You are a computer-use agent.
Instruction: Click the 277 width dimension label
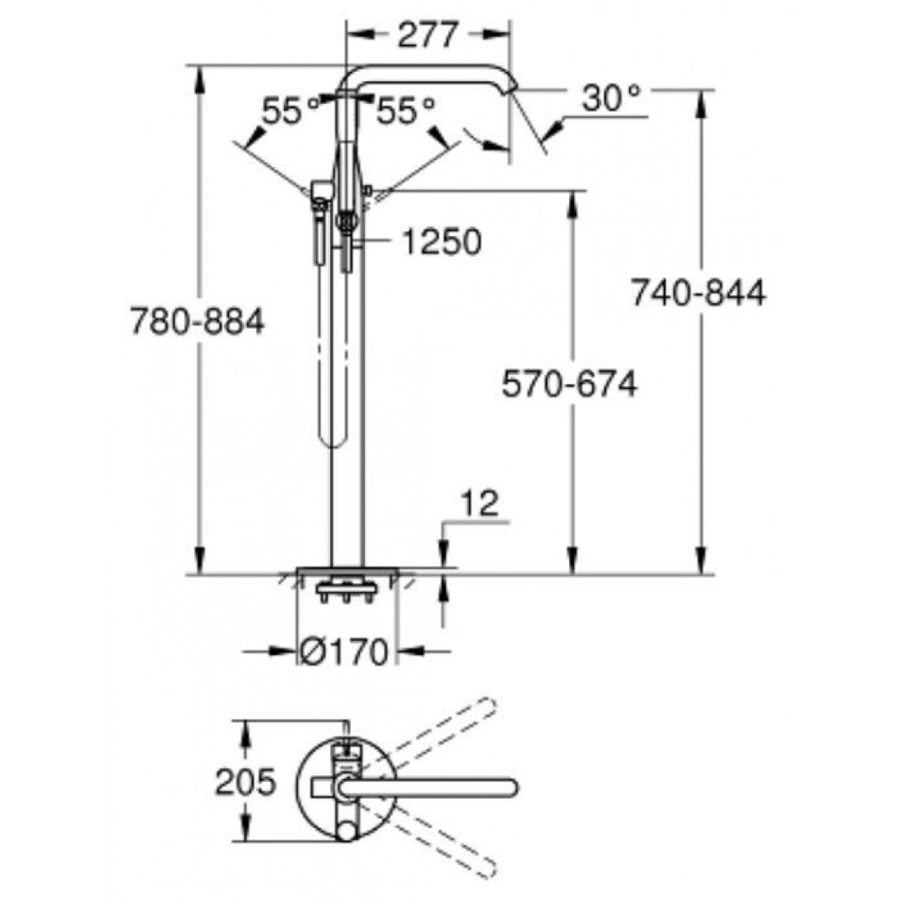(429, 35)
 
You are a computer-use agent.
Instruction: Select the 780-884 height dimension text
(197, 321)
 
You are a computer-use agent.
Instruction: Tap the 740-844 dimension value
(699, 293)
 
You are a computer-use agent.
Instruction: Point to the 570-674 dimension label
(570, 383)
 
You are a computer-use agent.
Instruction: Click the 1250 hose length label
(442, 242)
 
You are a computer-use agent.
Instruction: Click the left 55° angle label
(291, 111)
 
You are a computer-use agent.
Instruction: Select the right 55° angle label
(405, 111)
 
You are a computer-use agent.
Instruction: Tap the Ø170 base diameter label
(344, 651)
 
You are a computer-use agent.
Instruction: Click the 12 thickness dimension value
(481, 504)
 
